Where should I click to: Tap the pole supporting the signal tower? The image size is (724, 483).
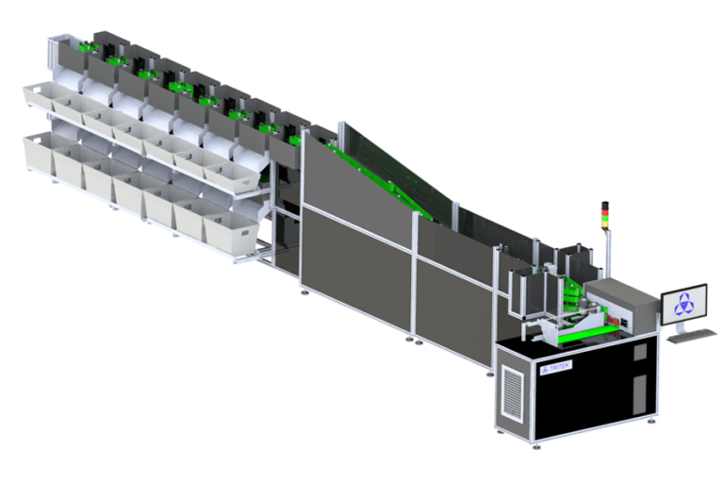[608, 250]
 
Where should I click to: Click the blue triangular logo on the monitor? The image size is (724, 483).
[685, 305]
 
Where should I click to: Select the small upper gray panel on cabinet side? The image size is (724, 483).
[640, 351]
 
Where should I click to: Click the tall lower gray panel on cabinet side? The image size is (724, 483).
[640, 392]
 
